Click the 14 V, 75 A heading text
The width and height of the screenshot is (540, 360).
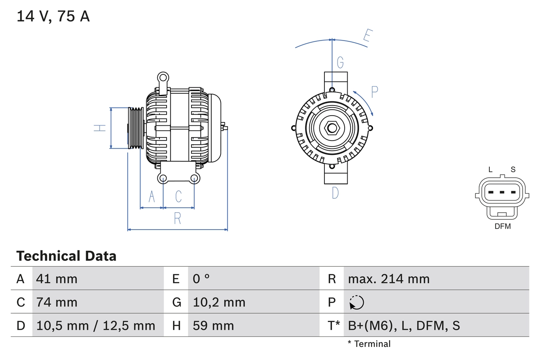53,16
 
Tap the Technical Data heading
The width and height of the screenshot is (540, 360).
66,256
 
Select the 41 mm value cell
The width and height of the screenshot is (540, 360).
57,279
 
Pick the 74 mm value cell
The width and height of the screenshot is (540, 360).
57,302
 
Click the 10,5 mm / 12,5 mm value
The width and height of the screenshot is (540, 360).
96,325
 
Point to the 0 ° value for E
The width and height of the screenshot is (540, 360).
201,279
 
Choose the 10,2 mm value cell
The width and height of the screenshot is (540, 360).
219,302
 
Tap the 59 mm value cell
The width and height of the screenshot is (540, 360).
213,325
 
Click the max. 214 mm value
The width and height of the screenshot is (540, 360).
389,279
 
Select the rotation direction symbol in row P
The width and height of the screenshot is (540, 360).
356,302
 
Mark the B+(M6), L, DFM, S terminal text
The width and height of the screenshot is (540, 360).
404,325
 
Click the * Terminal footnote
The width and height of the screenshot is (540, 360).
369,344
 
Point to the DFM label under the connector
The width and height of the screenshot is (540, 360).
502,226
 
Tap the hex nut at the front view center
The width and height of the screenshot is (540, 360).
332,128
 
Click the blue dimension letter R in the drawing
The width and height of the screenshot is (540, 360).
178,219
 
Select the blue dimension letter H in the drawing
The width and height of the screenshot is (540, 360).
100,128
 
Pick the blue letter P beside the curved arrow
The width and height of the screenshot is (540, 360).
374,92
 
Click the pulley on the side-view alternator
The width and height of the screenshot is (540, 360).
136,128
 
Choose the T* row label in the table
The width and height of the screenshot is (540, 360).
334,325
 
